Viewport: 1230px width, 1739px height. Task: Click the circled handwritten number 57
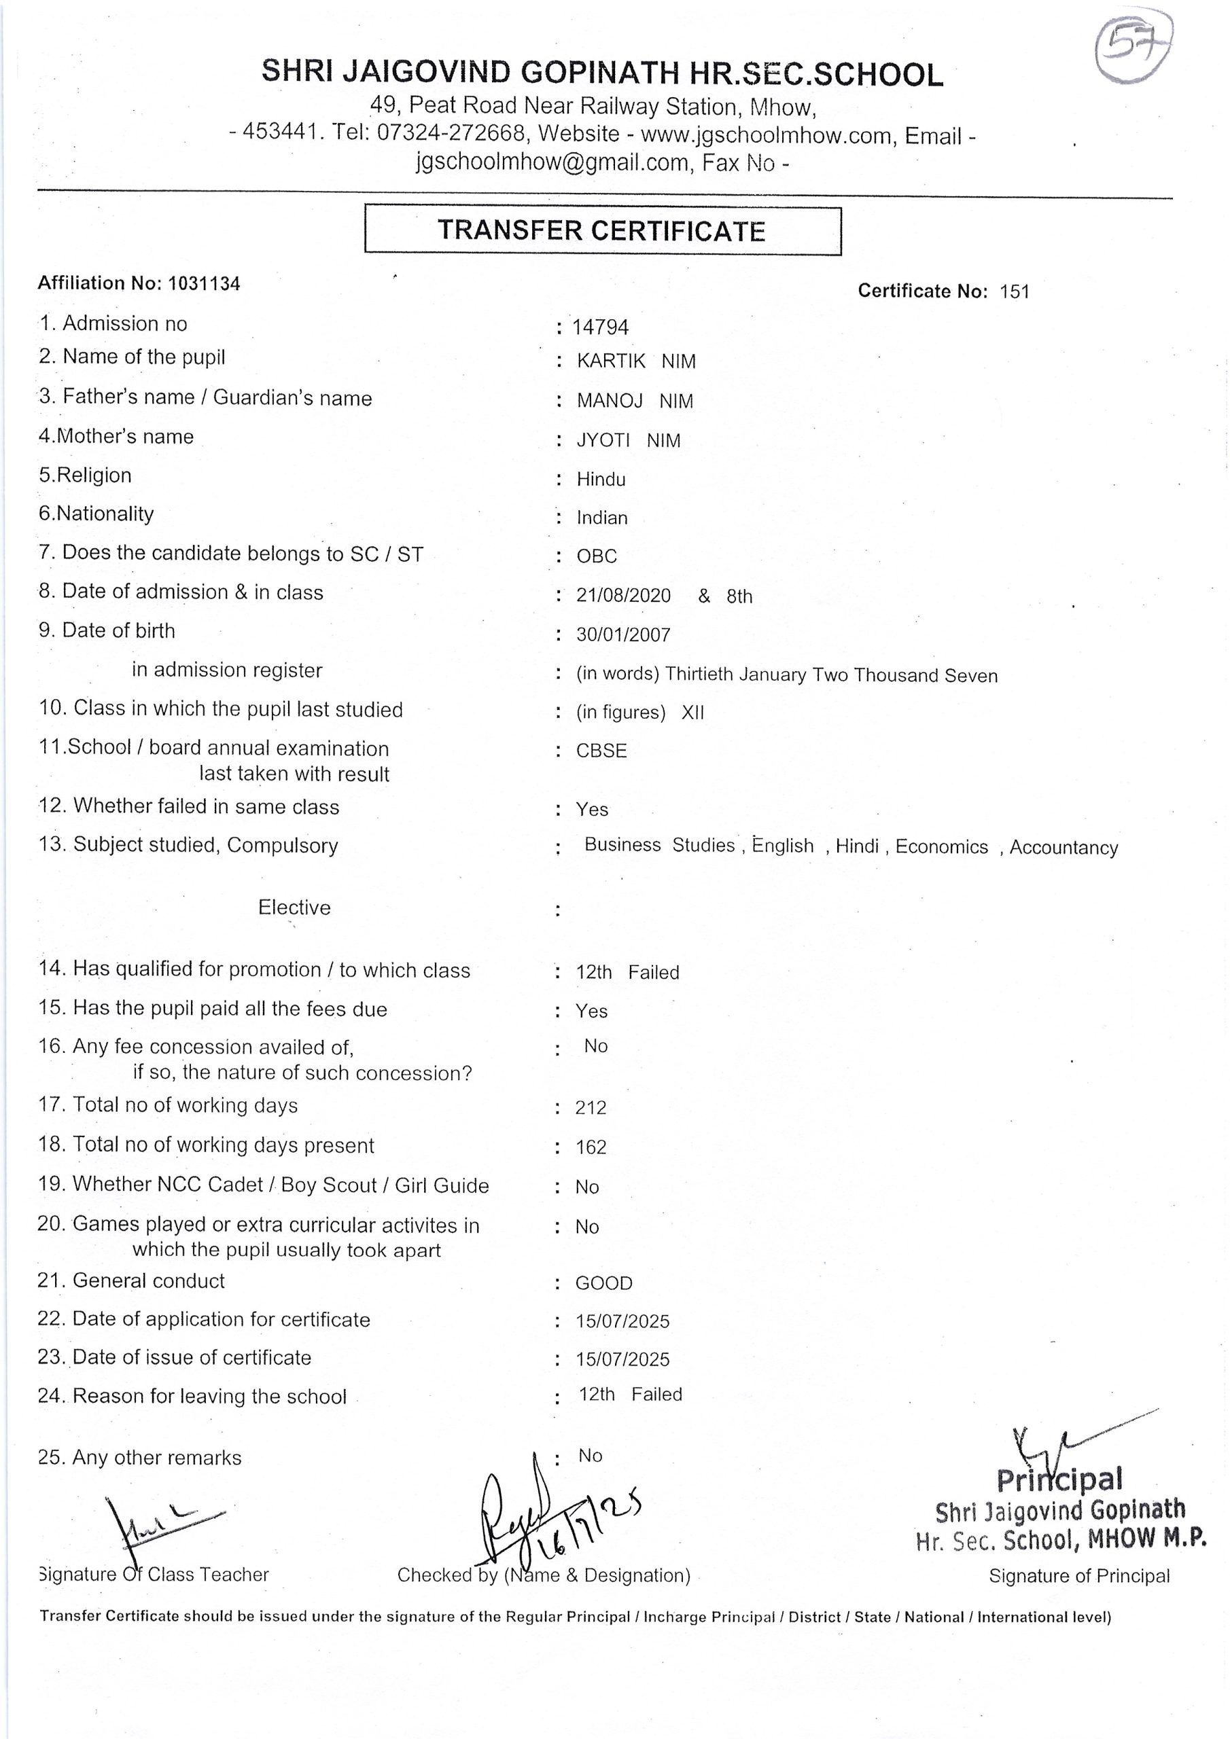pos(1133,49)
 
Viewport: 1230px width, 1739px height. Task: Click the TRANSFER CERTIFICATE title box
pos(603,230)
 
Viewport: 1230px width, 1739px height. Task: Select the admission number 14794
pos(600,327)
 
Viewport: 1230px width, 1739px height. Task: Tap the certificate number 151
pos(1014,291)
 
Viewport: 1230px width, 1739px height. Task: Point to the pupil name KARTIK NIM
pos(635,361)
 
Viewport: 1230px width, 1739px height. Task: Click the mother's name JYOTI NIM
pos(629,441)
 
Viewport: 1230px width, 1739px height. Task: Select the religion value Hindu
pos(601,480)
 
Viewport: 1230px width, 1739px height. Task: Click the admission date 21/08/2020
pos(623,596)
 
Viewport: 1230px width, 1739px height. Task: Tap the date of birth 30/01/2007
pos(623,634)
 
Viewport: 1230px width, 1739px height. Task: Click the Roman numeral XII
pos(692,713)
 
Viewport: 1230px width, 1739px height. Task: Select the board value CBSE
pos(601,751)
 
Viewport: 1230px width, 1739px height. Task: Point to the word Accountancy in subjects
pos(1064,848)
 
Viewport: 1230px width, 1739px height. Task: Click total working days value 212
pos(591,1108)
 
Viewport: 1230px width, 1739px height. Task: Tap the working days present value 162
pos(591,1147)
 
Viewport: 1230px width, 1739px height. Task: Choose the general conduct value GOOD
pos(603,1283)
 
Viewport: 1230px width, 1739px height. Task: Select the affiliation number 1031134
pos(204,284)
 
